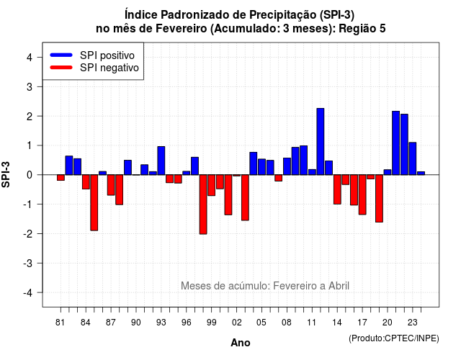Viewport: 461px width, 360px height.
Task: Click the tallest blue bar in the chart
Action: tap(320, 142)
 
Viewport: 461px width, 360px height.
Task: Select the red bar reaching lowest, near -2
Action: tap(203, 204)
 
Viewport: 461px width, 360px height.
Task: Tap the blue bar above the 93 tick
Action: tap(161, 161)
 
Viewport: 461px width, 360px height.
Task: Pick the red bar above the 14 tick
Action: tap(337, 189)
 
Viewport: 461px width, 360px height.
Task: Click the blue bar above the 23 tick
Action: tap(413, 158)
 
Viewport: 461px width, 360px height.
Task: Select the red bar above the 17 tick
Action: tap(362, 195)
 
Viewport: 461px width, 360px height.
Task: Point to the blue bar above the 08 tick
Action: tap(287, 166)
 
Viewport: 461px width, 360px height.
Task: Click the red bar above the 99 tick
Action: tap(211, 186)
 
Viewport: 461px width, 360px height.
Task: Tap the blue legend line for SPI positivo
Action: tap(61, 55)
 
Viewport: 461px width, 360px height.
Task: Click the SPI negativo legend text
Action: tap(109, 68)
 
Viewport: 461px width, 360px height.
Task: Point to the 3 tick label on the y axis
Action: tap(29, 86)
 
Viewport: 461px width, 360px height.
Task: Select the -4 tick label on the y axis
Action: tap(28, 293)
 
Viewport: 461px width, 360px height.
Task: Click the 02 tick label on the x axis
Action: tap(237, 323)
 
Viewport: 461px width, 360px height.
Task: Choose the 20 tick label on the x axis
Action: tap(388, 323)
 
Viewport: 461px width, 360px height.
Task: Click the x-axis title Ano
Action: tap(241, 343)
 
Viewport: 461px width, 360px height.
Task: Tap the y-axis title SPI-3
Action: tap(6, 174)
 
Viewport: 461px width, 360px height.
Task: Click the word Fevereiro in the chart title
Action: tap(181, 29)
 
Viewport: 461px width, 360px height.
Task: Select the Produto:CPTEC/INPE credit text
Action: tap(394, 338)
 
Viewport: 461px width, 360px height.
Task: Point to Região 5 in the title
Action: tap(362, 29)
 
